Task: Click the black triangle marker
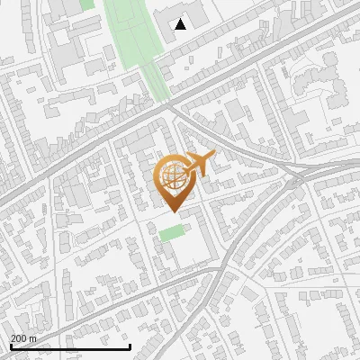pyautogui.click(x=181, y=24)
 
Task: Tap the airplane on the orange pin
pyautogui.click(x=197, y=166)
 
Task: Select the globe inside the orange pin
pyautogui.click(x=173, y=176)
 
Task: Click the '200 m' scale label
pyautogui.click(x=24, y=338)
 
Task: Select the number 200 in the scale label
pyautogui.click(x=19, y=338)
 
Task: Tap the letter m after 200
pyautogui.click(x=34, y=338)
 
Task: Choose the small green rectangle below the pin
pyautogui.click(x=171, y=233)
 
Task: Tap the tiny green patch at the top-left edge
pyautogui.click(x=86, y=4)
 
